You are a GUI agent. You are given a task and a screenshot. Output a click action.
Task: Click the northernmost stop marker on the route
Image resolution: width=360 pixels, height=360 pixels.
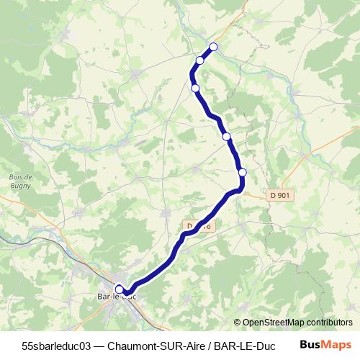tap(212, 48)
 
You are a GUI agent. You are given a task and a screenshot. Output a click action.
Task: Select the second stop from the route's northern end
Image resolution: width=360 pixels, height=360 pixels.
tap(200, 60)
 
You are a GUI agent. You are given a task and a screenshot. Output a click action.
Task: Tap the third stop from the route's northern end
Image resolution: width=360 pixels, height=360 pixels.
tap(195, 88)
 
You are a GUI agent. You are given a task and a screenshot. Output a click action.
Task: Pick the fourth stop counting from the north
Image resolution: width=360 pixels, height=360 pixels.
tap(226, 136)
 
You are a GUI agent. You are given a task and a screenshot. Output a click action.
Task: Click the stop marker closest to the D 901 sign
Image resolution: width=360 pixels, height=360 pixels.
tap(243, 172)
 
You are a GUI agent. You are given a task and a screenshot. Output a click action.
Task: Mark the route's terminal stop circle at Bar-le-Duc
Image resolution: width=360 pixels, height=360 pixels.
tap(120, 289)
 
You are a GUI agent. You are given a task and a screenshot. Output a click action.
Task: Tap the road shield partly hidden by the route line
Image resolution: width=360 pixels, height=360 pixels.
tap(196, 226)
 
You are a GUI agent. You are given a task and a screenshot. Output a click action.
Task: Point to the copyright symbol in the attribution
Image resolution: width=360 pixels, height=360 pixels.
tap(238, 322)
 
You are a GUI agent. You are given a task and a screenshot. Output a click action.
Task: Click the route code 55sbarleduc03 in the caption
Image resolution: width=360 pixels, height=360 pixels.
tap(56, 345)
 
